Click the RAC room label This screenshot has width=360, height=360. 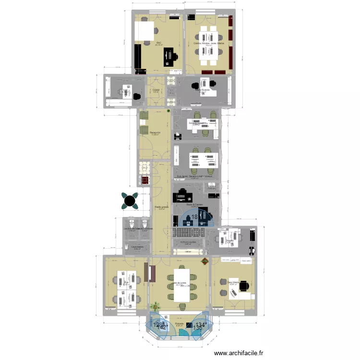click(x=159, y=43)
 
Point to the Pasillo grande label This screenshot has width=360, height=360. click(x=161, y=207)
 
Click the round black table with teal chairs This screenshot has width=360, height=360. click(x=130, y=200)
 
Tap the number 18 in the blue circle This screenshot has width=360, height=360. click(x=195, y=217)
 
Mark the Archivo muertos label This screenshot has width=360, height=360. click(x=188, y=242)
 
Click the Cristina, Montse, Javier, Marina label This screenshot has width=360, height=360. click(x=209, y=43)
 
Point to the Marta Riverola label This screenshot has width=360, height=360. click(x=203, y=89)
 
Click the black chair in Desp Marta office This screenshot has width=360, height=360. click(x=244, y=286)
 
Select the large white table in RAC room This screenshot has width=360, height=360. click(x=144, y=32)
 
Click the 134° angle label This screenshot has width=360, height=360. click(x=200, y=325)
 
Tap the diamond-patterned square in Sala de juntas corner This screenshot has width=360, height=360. click(x=205, y=262)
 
